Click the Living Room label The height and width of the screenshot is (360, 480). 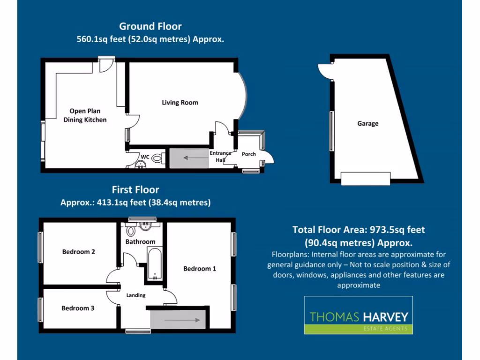[180, 103]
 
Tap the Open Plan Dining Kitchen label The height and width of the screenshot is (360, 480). [85, 115]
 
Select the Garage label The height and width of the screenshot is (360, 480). [367, 124]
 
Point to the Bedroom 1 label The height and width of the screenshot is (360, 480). [200, 269]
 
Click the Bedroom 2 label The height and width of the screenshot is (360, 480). [79, 252]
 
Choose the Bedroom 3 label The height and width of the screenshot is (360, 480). [78, 308]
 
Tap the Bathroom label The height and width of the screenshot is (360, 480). [140, 242]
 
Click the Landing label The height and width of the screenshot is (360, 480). [136, 295]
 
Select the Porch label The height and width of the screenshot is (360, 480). [249, 154]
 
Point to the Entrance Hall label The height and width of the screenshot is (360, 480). [220, 157]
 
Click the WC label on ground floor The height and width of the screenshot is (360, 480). [145, 157]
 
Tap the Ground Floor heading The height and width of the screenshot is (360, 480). [150, 26]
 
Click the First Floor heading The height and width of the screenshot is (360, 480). [135, 190]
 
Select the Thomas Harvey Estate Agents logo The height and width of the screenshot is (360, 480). [359, 315]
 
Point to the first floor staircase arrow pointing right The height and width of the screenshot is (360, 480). [180, 321]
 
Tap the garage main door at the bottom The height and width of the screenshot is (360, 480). [365, 179]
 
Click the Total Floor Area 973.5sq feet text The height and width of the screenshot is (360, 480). [359, 230]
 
